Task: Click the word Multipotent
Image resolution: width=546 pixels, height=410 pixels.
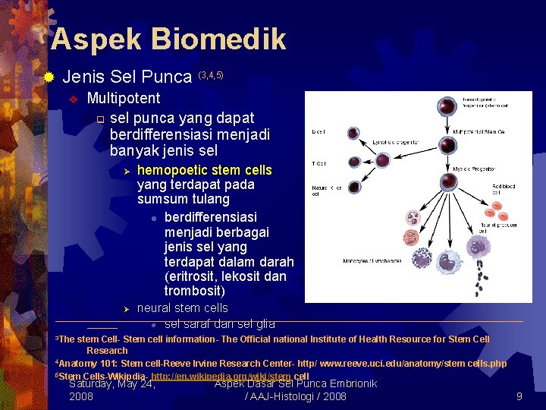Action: coord(124,98)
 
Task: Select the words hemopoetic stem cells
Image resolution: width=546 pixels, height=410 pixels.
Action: coord(204,169)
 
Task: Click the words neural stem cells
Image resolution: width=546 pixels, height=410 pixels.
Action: coord(182,307)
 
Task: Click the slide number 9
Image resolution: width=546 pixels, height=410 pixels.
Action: coord(519,396)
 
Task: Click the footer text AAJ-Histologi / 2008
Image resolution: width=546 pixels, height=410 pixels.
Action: coord(296,396)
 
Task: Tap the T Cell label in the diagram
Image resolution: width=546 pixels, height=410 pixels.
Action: coord(318,162)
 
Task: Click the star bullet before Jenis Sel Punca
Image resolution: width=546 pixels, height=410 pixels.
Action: coord(49,77)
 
